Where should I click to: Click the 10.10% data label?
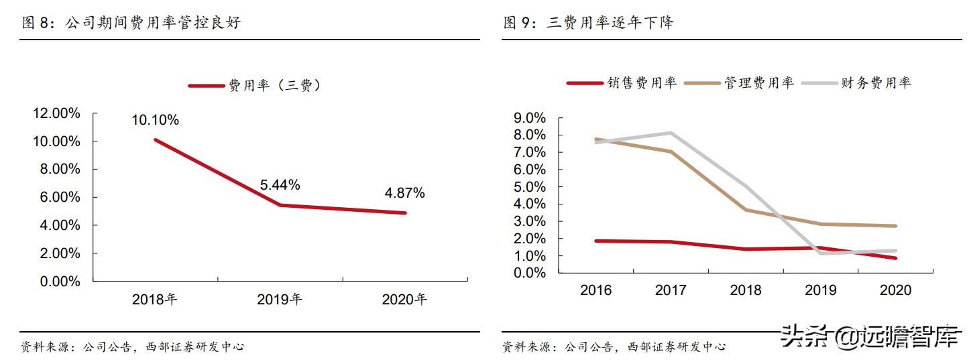point(155,120)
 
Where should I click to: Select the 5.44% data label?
point(280,184)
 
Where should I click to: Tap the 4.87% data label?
point(404,193)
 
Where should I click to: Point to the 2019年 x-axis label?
point(280,300)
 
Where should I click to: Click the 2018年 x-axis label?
point(155,300)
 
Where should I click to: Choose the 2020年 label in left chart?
point(404,300)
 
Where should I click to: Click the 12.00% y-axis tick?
point(56,113)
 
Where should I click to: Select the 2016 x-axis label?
point(595,290)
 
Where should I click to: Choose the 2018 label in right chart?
point(746,290)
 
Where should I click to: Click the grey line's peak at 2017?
point(671,133)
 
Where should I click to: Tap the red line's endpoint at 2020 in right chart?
point(895,258)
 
